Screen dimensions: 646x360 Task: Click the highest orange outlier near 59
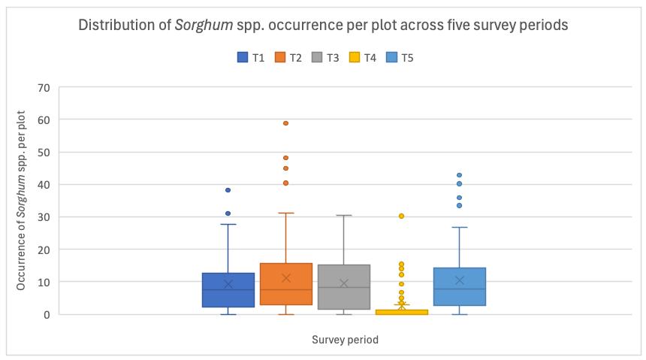point(285,123)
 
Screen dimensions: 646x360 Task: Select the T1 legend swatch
point(243,57)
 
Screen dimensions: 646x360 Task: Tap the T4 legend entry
point(363,57)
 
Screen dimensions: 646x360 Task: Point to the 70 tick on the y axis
point(44,88)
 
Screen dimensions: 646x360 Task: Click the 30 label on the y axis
point(44,217)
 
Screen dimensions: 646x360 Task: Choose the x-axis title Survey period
point(345,340)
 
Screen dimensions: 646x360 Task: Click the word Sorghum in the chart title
point(204,25)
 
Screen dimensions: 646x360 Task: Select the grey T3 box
point(344,287)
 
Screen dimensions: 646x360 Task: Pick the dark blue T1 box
point(228,290)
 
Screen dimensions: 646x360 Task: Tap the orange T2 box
point(286,284)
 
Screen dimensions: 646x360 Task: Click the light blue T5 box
point(460,286)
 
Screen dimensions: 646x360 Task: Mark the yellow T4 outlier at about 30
point(401,216)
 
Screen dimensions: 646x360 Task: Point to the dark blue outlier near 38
point(228,190)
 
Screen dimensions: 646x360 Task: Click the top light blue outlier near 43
point(460,175)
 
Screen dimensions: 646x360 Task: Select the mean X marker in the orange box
point(286,278)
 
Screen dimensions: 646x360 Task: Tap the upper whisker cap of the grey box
point(344,215)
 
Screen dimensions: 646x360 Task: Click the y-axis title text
point(21,201)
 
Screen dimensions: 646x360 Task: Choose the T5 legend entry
point(400,57)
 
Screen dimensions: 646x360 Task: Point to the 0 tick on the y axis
point(47,315)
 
